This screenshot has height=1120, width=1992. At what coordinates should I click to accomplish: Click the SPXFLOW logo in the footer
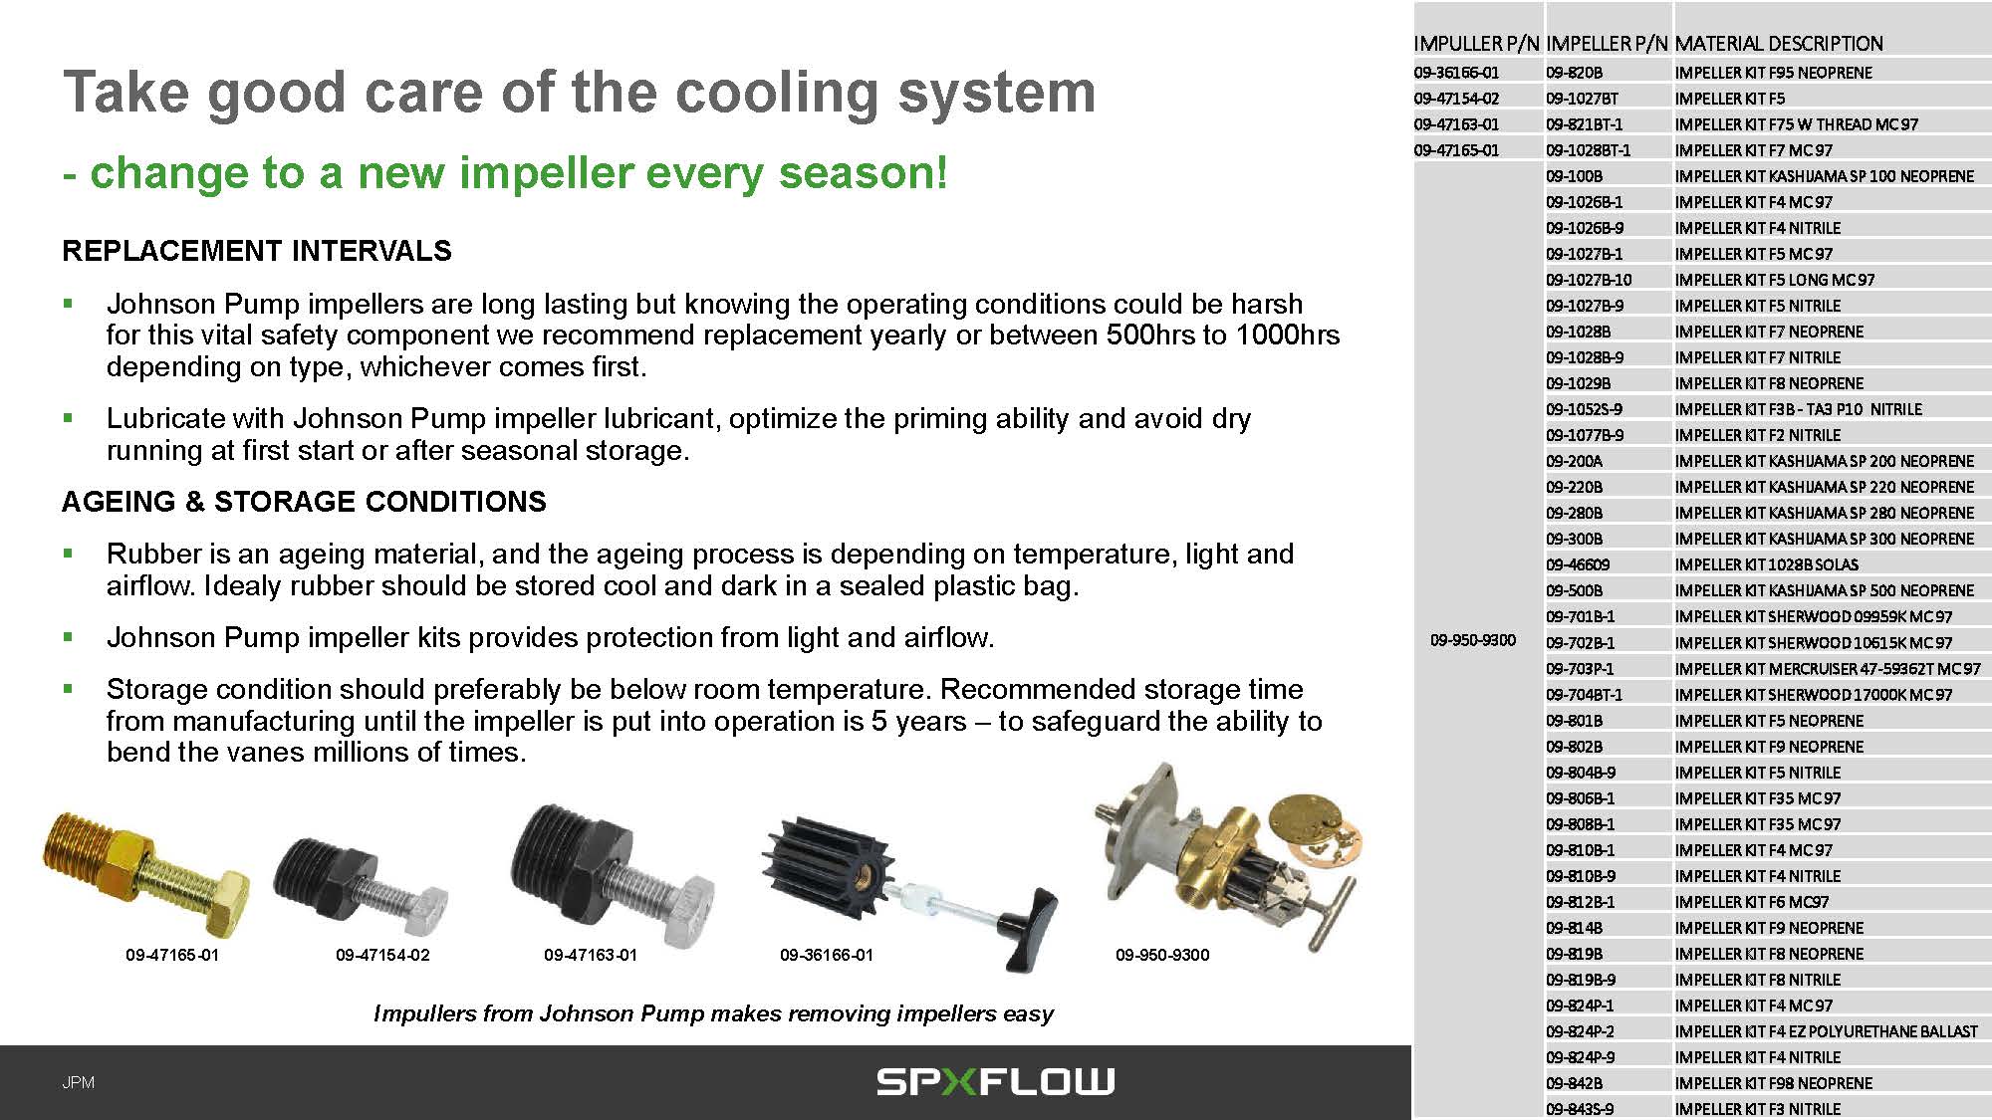[x=995, y=1081]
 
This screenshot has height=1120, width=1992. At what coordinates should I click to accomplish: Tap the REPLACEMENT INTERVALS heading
[x=257, y=251]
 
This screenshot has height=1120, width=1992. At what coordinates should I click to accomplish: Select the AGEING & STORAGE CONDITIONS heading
[x=304, y=502]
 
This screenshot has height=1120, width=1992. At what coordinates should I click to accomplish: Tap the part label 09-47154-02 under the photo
[x=382, y=955]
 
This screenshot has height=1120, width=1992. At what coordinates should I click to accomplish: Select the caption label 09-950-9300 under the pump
[x=1162, y=955]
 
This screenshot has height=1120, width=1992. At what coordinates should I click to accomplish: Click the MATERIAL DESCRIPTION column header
[x=1779, y=44]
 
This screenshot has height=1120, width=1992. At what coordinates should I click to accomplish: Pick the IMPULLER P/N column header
[x=1476, y=44]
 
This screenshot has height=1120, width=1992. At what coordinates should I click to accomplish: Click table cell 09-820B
[x=1575, y=73]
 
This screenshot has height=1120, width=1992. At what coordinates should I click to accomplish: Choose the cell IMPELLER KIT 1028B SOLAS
[x=1767, y=564]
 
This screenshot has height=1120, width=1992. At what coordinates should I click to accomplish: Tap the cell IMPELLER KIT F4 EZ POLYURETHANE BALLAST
[x=1827, y=1031]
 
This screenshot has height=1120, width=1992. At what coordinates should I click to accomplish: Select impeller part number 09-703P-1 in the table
[x=1581, y=668]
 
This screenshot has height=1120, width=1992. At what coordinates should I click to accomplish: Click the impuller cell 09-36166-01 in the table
[x=1456, y=73]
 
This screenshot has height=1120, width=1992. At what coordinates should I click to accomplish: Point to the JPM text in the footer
[x=78, y=1082]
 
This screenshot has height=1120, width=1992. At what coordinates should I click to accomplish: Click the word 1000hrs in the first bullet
[x=1288, y=335]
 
